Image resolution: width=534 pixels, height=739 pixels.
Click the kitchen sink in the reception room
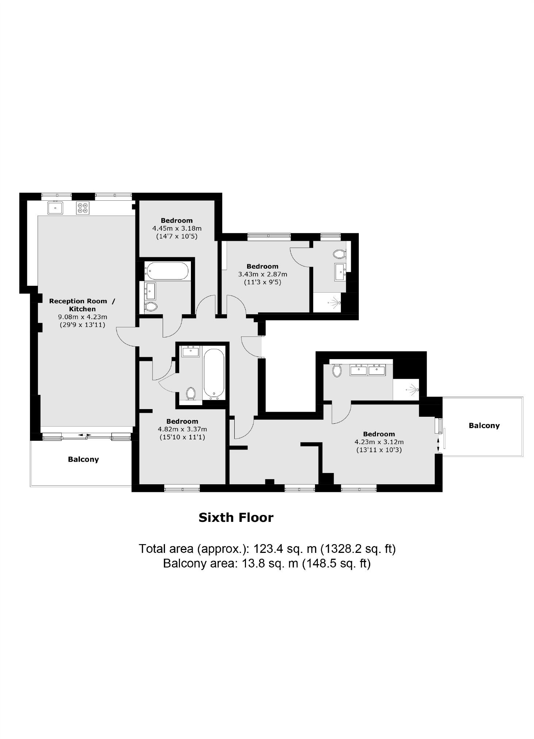coord(55,208)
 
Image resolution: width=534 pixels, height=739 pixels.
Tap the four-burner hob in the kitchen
coord(83,208)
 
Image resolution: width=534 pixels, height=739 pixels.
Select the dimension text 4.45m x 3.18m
coord(177,228)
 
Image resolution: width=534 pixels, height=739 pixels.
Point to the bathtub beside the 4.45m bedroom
coord(167,271)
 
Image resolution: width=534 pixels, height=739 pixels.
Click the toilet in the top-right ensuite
coord(339,254)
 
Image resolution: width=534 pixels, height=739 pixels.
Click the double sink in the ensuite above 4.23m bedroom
coord(368,370)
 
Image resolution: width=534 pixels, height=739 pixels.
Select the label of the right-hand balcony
coord(484,426)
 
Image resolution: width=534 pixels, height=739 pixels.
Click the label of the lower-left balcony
coord(83,459)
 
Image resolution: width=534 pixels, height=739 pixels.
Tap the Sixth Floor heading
coord(236,517)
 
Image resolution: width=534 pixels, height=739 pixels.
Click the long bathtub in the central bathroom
coord(214,373)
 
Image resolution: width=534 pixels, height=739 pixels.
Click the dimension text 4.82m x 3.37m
coord(182,429)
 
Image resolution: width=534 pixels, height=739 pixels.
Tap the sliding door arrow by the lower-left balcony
coord(85,435)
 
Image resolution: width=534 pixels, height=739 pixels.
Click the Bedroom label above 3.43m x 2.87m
coord(262,266)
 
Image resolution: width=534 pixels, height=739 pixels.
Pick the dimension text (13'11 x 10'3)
coord(379,450)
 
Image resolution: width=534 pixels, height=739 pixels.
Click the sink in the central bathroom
coord(191,352)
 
